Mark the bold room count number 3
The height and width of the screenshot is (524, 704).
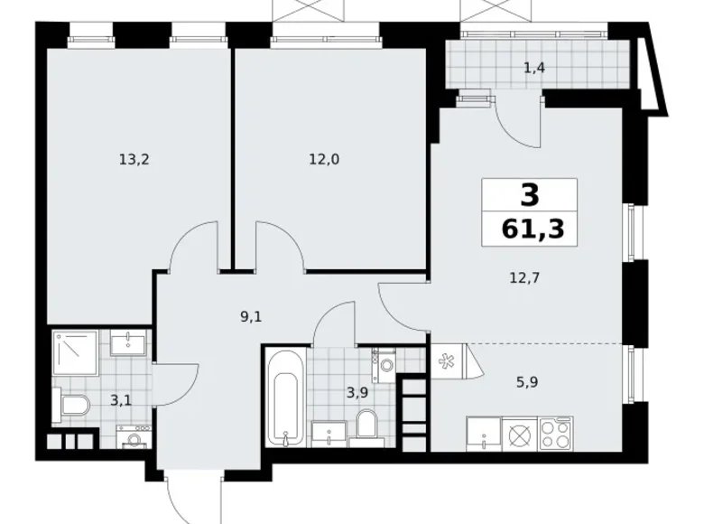pyautogui.click(x=529, y=194)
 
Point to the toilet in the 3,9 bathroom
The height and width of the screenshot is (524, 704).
pyautogui.click(x=366, y=424)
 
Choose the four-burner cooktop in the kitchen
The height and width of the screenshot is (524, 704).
pyautogui.click(x=556, y=433)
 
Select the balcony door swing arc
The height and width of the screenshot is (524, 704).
pyautogui.click(x=518, y=122)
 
